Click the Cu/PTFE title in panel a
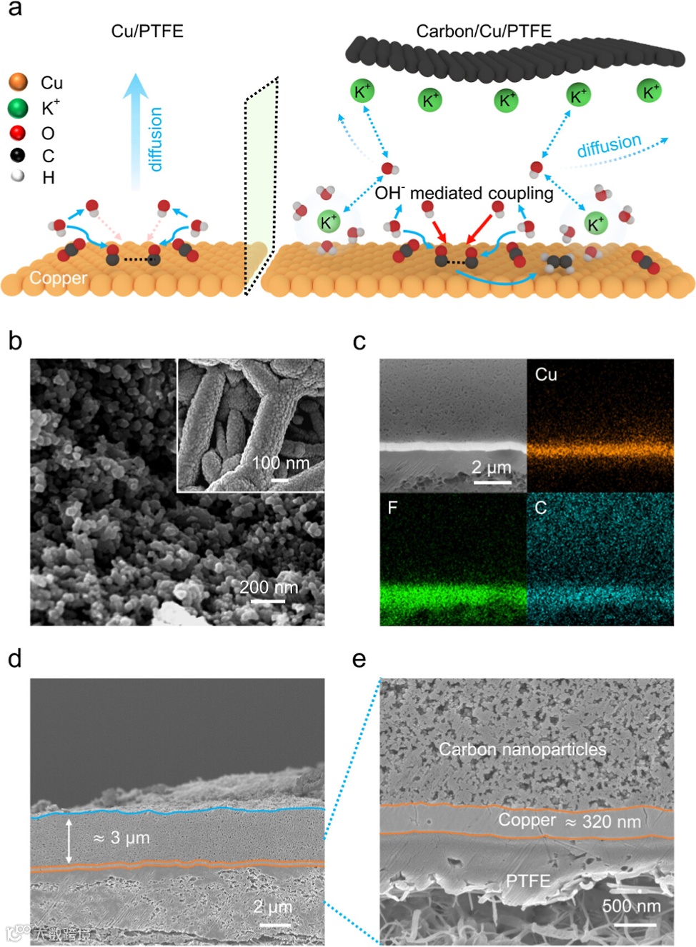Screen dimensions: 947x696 tap(147, 31)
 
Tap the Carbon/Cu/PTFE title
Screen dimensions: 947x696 tap(484, 31)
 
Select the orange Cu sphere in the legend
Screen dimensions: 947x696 tap(19, 82)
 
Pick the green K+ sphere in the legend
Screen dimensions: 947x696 tap(18, 108)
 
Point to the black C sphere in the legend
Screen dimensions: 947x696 tap(18, 155)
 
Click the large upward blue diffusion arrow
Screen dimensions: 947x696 tap(135, 129)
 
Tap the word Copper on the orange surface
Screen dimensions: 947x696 tap(58, 278)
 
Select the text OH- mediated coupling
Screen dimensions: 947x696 tap(464, 193)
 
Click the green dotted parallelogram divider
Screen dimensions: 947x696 tap(261, 186)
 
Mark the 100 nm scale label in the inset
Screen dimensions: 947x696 tap(280, 463)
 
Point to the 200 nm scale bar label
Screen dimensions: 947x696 tap(269, 587)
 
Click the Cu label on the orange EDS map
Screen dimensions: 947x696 tap(546, 374)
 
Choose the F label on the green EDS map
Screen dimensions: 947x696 tap(392, 508)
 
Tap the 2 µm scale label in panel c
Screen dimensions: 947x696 tap(492, 467)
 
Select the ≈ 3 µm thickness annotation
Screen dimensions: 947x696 tap(121, 837)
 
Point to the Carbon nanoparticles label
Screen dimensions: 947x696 tap(522, 749)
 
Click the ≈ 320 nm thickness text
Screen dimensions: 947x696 tap(603, 822)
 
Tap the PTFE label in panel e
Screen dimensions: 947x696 tap(528, 881)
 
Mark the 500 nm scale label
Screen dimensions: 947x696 tap(631, 906)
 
